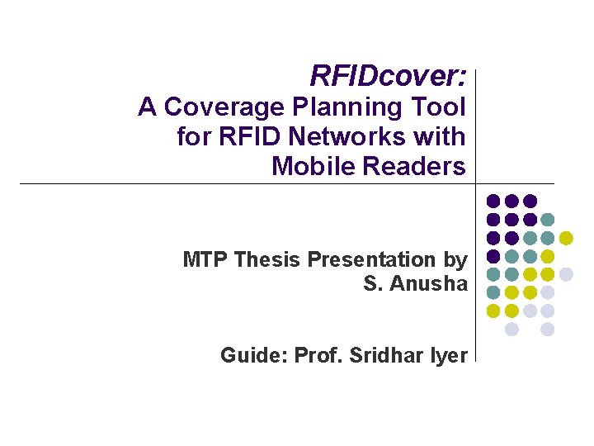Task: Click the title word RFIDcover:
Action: [x=388, y=76]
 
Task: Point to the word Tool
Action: [x=443, y=107]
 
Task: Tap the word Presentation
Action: [x=373, y=259]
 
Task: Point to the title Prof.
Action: [x=318, y=355]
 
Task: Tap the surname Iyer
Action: [x=450, y=355]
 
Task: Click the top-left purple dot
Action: [x=493, y=201]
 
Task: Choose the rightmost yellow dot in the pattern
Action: [x=566, y=238]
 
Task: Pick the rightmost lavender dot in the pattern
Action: [x=566, y=274]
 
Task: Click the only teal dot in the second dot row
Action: [x=548, y=220]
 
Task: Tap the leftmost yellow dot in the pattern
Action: [x=493, y=311]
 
